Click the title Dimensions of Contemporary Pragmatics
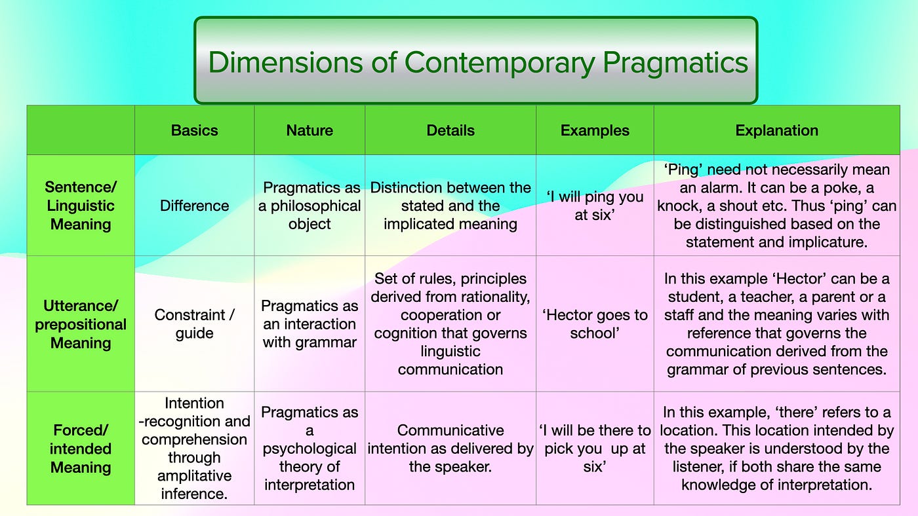(477, 62)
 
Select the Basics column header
(194, 130)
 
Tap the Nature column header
(309, 130)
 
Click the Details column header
(450, 130)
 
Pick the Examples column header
(595, 130)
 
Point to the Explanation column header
(776, 130)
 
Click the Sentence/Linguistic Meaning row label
(81, 206)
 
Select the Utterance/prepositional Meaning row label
(81, 324)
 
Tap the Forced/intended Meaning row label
(81, 449)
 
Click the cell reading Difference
(194, 206)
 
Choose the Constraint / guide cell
(194, 323)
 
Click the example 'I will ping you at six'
(594, 206)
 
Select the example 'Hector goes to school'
(595, 323)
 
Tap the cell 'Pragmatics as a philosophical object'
(309, 206)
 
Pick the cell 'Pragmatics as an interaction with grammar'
(309, 323)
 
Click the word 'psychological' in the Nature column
(309, 449)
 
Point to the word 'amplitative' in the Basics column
(194, 475)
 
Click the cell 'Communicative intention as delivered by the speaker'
(450, 449)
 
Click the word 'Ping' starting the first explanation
(685, 170)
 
